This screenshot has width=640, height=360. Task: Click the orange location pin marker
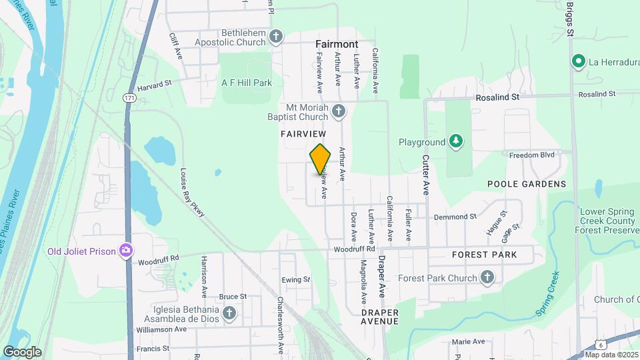point(321,159)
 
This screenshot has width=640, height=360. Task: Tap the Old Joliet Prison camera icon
point(125,251)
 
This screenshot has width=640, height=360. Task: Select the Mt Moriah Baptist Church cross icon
point(339,111)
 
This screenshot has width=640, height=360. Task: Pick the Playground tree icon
point(456,141)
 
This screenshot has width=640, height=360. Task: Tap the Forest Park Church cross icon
point(487,277)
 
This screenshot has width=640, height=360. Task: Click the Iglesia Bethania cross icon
point(229,313)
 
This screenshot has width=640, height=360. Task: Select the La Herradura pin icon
point(578,62)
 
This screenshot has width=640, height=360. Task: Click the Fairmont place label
point(337,44)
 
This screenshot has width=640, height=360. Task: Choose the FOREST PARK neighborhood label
point(485,255)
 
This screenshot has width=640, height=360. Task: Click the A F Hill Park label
point(247,83)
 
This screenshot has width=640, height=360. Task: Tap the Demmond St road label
point(455,217)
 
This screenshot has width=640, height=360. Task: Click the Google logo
point(22,351)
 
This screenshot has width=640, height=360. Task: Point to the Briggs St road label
point(570,18)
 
